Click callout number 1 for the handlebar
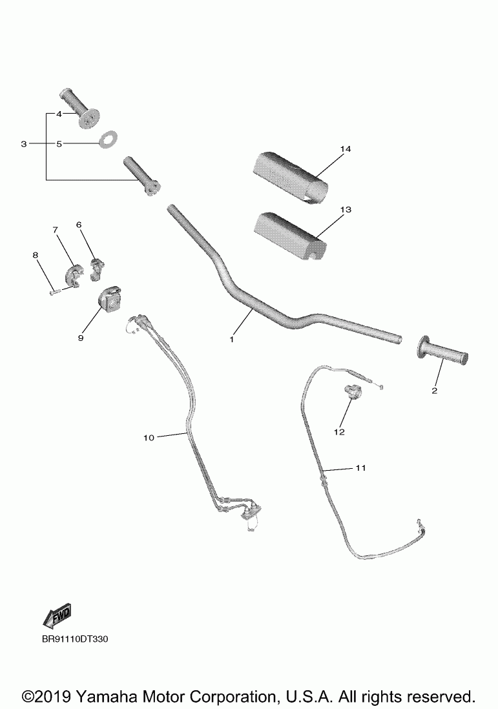pos(231,338)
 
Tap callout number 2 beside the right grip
pos(434,391)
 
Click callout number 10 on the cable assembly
pos(149,438)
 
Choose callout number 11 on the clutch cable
pos(360,468)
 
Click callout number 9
pos(81,337)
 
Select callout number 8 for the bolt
pos(36,256)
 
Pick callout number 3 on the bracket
pos(24,144)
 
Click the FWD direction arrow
pos(56,616)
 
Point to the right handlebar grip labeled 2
pos(444,353)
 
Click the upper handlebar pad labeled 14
pos(288,170)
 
